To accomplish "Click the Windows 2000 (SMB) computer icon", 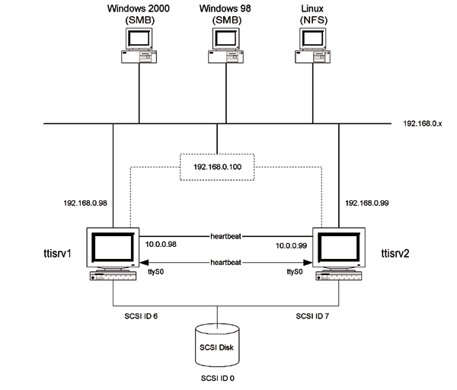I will (x=139, y=46).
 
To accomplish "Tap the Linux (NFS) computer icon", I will (x=312, y=46).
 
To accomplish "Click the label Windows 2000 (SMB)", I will (x=139, y=14).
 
